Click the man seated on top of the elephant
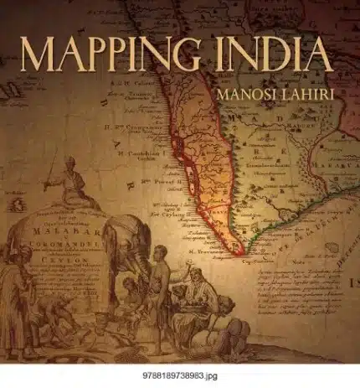point(77,186)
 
